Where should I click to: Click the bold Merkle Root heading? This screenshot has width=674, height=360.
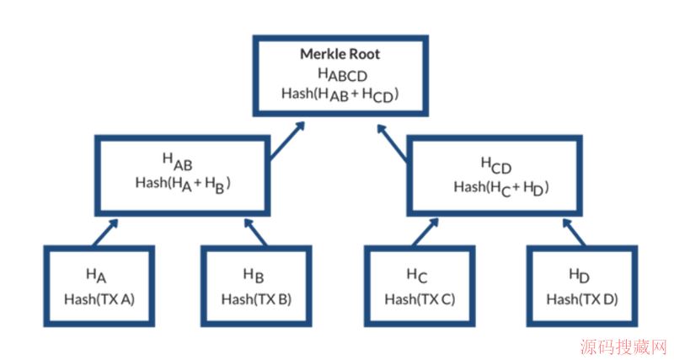[340, 54]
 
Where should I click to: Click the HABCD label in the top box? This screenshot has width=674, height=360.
[340, 75]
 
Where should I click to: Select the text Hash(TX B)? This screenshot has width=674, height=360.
[256, 298]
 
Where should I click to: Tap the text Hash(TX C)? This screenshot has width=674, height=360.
[420, 298]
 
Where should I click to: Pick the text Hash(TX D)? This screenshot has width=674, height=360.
[581, 298]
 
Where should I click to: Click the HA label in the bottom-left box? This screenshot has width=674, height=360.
[96, 275]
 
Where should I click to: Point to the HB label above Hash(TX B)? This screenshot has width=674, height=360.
[254, 275]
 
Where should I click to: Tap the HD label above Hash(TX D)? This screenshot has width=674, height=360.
[580, 275]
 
